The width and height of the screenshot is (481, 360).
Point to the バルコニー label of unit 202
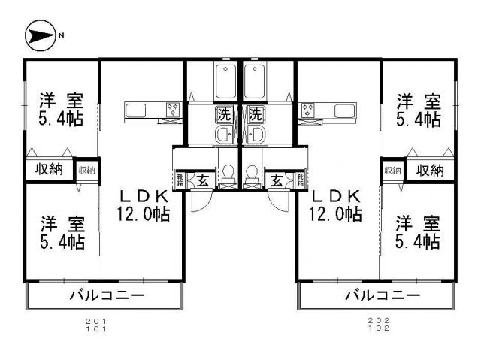[383, 295]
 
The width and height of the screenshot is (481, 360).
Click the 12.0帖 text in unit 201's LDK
[143, 214]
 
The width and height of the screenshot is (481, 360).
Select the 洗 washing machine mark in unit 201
[224, 116]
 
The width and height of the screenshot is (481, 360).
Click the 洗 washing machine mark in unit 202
[256, 116]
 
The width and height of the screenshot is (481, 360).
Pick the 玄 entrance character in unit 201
[203, 180]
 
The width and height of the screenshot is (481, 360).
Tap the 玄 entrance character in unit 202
[277, 180]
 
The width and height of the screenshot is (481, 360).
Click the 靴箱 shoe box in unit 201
[181, 180]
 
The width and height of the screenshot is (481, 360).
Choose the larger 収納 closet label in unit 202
[430, 170]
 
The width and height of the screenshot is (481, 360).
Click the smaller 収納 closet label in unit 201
[87, 170]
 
